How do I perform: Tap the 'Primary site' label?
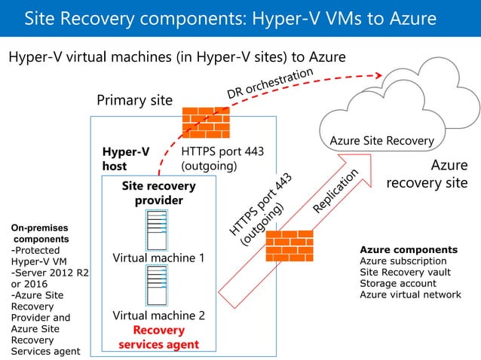pyautogui.click(x=135, y=100)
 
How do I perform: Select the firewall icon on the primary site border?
pyautogui.click(x=206, y=123)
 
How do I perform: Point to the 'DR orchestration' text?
pyautogui.click(x=270, y=84)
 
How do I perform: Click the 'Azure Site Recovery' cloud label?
pyautogui.click(x=381, y=141)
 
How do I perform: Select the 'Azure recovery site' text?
pyautogui.click(x=427, y=174)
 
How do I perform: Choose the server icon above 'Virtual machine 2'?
pyautogui.click(x=158, y=285)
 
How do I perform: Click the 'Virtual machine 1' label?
pyautogui.click(x=158, y=258)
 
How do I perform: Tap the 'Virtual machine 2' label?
pyautogui.click(x=158, y=316)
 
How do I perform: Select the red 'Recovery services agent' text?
pyautogui.click(x=158, y=337)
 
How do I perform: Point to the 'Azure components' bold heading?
pyautogui.click(x=409, y=249)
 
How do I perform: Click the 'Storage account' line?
pyautogui.click(x=398, y=283)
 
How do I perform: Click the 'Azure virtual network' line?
pyautogui.click(x=410, y=294)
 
